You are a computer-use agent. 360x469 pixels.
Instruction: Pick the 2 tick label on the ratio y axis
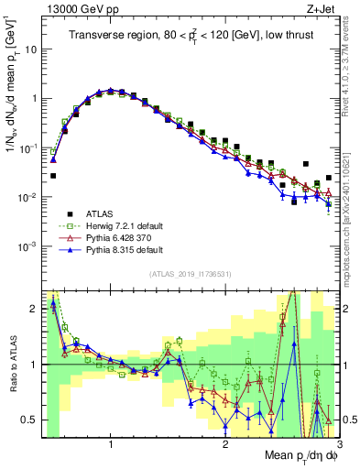coord(34,309)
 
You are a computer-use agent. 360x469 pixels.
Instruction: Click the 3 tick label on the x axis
coord(339,444)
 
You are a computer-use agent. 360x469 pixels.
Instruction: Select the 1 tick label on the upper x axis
coord(111,444)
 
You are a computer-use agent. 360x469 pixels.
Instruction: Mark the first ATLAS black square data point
coord(53,175)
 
